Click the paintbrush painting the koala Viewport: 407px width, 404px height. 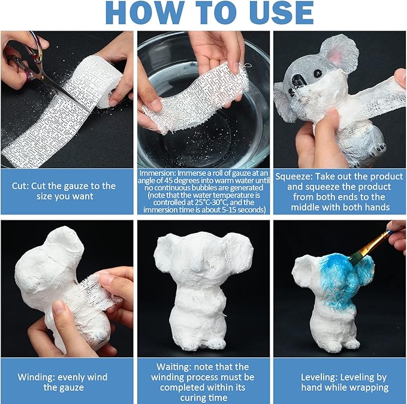point(369,246)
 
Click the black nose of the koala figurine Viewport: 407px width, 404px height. point(298,80)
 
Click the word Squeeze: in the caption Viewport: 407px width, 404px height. point(294,176)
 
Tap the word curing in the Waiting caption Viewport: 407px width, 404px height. point(192,398)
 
